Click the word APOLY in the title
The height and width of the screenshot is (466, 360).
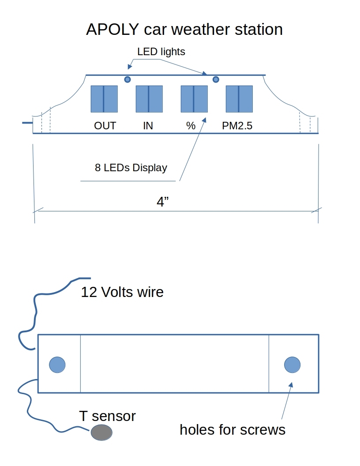point(112,30)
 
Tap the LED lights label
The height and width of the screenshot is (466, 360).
point(161,52)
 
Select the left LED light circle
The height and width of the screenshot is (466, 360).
point(127,79)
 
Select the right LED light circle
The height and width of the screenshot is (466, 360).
point(216,79)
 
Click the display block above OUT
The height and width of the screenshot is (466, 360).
point(104,99)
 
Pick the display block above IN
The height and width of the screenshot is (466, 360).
point(149,99)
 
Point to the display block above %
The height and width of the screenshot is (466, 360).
point(194,99)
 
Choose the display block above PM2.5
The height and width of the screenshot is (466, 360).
point(239,99)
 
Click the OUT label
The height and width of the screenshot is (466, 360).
point(105,126)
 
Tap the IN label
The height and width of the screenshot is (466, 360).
point(148,126)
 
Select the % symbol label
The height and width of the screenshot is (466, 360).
point(191,126)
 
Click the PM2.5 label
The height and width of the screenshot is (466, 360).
point(237,126)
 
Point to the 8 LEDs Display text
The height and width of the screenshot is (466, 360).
point(131,168)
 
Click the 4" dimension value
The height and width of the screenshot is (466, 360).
point(163,202)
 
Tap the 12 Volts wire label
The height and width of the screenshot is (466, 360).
point(122,292)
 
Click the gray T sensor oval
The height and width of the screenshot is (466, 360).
point(101,432)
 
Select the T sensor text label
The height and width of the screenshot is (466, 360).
point(107,416)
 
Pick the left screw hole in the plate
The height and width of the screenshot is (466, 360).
point(57,365)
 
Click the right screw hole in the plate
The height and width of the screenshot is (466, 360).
point(292,365)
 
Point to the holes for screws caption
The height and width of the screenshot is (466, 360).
point(232,429)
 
